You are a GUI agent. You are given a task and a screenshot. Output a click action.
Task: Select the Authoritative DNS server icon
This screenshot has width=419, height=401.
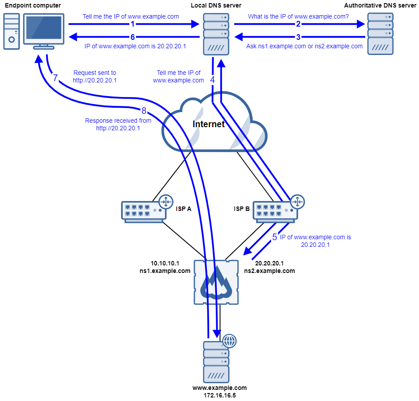(380, 34)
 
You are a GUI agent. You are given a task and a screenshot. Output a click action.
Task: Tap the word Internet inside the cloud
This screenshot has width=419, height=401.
(209, 124)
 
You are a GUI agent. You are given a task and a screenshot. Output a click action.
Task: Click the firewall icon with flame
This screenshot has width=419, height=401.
(216, 282)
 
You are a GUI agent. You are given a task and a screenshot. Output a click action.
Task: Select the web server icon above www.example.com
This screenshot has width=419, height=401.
(216, 362)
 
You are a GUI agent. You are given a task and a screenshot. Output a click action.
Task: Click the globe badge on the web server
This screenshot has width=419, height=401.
(229, 341)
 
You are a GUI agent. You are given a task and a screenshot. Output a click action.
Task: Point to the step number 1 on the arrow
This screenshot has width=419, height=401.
(132, 24)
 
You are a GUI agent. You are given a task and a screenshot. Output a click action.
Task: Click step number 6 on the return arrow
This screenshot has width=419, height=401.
(132, 37)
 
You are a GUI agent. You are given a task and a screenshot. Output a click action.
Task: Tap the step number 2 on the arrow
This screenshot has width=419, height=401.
(298, 24)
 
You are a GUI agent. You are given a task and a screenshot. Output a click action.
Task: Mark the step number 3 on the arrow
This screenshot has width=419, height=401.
(298, 37)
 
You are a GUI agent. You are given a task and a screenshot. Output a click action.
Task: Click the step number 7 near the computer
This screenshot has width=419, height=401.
(55, 78)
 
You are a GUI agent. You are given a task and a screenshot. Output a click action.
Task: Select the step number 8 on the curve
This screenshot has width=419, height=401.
(144, 111)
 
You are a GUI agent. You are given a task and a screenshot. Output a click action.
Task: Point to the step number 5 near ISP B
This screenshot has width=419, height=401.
(275, 237)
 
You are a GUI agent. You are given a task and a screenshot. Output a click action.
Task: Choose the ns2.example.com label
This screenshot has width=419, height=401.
(269, 271)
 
